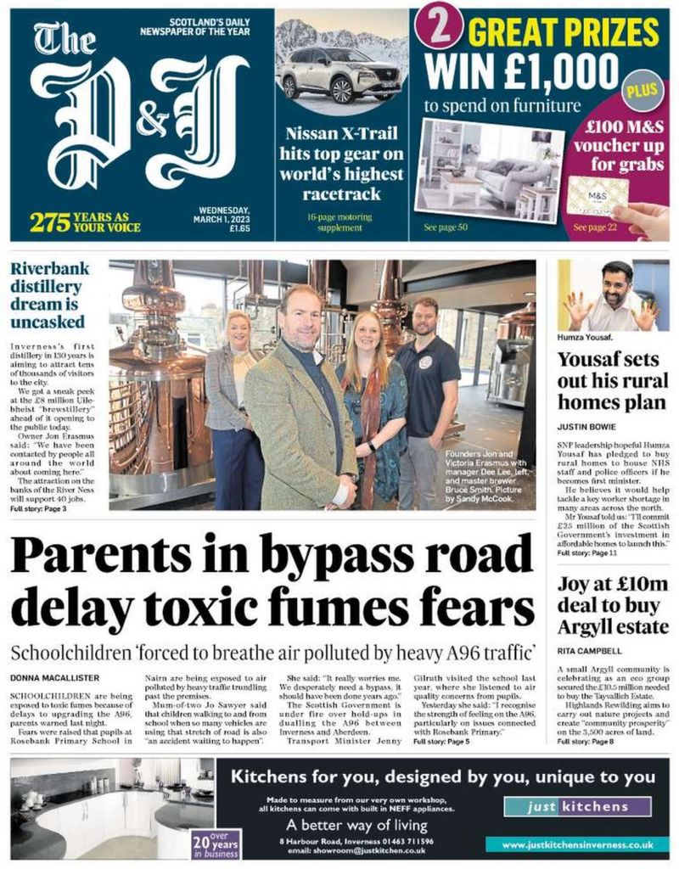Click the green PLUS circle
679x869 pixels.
pos(633,89)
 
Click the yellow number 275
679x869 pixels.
pos(49,222)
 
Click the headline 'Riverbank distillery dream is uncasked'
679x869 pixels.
pos(49,295)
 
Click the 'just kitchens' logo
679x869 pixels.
pos(577,807)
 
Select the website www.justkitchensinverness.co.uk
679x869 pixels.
pos(576,845)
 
